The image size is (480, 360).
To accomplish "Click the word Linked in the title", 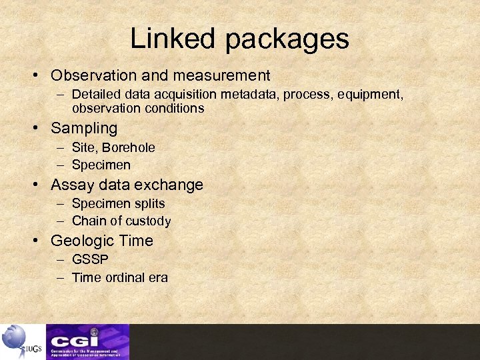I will pyautogui.click(x=172, y=39).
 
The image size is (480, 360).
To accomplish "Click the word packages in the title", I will pyautogui.click(x=287, y=40).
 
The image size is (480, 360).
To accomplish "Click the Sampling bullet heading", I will pyautogui.click(x=84, y=128).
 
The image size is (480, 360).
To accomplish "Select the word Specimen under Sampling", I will pyautogui.click(x=101, y=165).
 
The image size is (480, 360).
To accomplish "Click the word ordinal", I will pyautogui.click(x=124, y=277).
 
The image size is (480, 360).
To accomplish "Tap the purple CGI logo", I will pyautogui.click(x=87, y=341).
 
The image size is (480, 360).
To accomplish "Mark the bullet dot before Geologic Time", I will pyautogui.click(x=39, y=241).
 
